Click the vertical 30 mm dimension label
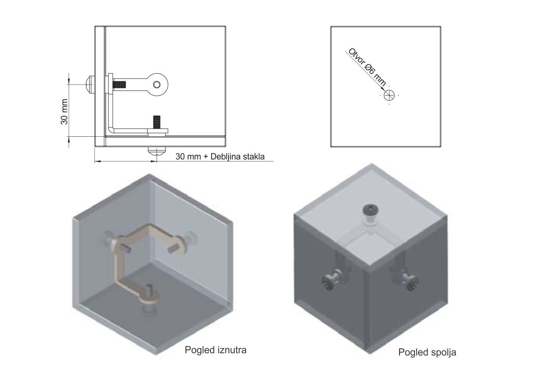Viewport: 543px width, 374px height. [x=65, y=112]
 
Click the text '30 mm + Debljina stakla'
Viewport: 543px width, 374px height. [x=220, y=156]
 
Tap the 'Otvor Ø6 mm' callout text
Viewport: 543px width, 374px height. [x=367, y=67]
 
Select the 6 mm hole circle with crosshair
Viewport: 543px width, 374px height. [x=389, y=95]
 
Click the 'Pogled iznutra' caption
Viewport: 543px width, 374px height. [x=216, y=350]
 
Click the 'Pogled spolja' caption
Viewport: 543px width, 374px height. [x=427, y=352]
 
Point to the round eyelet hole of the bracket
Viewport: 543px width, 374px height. [x=157, y=85]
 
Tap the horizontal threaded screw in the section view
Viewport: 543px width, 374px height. [x=119, y=85]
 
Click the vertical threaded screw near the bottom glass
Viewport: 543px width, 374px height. [x=157, y=122]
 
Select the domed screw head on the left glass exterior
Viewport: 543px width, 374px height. [x=90, y=85]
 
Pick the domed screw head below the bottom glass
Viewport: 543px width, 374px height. [x=157, y=151]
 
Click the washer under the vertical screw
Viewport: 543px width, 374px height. [x=157, y=131]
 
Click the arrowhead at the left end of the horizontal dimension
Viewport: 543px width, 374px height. [x=97, y=161]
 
